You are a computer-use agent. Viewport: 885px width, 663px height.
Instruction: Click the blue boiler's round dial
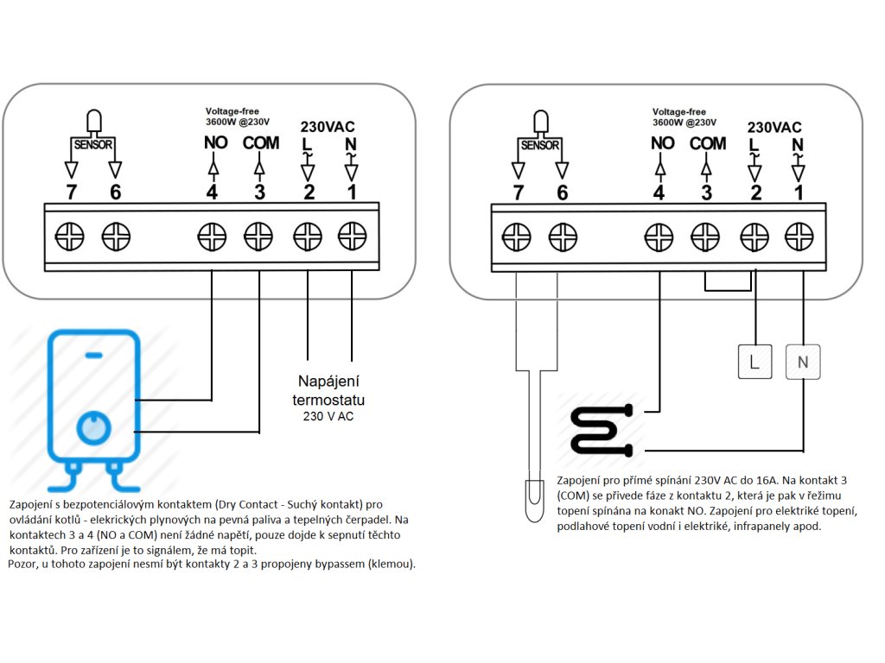pyautogui.click(x=93, y=428)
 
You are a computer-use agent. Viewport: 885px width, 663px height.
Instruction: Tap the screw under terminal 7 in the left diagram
pyautogui.click(x=69, y=237)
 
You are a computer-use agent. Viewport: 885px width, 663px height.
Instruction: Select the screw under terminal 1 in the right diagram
pyautogui.click(x=799, y=237)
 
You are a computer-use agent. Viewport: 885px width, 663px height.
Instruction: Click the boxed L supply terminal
pyautogui.click(x=754, y=362)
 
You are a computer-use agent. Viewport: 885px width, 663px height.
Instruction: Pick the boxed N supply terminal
pyautogui.click(x=803, y=362)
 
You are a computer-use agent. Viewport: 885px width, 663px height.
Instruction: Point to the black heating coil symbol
pyautogui.click(x=602, y=429)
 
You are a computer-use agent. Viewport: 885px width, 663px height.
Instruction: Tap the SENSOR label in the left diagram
pyautogui.click(x=93, y=145)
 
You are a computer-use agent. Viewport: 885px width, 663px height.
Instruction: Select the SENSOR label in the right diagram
pyautogui.click(x=540, y=145)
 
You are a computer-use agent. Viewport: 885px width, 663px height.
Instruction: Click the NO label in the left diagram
pyautogui.click(x=215, y=142)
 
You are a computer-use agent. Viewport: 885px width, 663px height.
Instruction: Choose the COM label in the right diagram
pyautogui.click(x=708, y=144)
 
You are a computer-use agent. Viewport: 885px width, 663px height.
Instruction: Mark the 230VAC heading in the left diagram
pyautogui.click(x=328, y=127)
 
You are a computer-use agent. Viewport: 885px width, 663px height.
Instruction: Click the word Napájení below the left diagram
pyautogui.click(x=328, y=381)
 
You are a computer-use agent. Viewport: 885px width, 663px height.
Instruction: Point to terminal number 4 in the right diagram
pyautogui.click(x=659, y=193)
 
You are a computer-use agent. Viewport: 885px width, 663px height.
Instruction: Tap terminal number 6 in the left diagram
pyautogui.click(x=115, y=193)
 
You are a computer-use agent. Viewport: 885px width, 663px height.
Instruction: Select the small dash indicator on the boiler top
pyautogui.click(x=93, y=355)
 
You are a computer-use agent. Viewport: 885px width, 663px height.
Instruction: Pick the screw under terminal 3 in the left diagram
pyautogui.click(x=258, y=237)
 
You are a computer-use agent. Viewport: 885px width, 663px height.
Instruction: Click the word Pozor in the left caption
pyautogui.click(x=22, y=564)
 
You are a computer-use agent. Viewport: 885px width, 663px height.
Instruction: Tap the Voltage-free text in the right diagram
pyautogui.click(x=679, y=111)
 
